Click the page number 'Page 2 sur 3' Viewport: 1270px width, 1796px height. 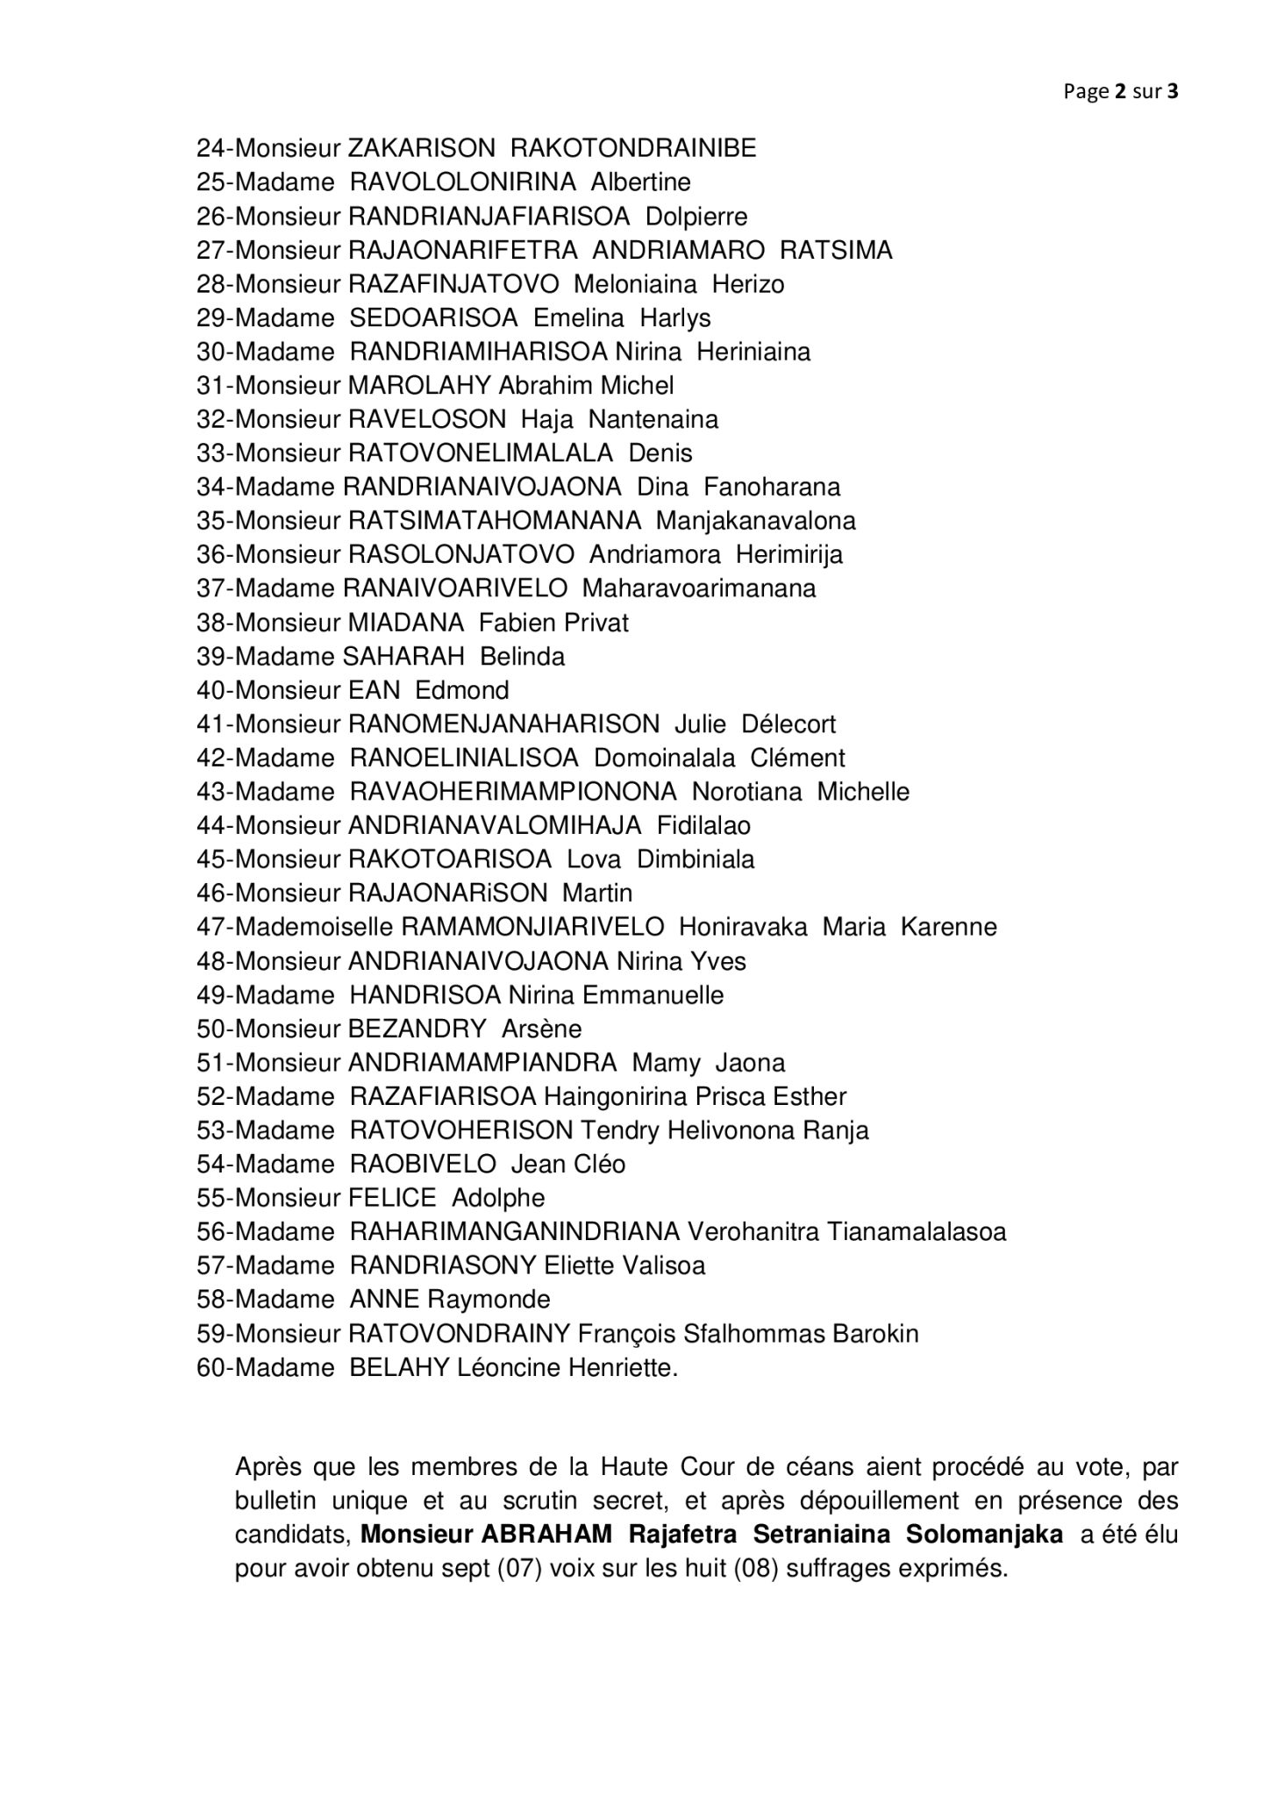coord(1120,91)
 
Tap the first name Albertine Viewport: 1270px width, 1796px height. coord(640,182)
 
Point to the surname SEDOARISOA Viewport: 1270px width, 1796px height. coord(433,317)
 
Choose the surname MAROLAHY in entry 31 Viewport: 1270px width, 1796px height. coord(419,385)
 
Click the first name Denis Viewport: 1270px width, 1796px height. coord(660,453)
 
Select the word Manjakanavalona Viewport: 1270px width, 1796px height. coord(755,521)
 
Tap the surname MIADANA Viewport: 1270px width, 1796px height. coord(405,623)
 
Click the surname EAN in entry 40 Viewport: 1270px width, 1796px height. coord(374,690)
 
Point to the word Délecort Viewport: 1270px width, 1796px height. coord(788,724)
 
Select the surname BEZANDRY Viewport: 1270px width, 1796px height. coord(417,1029)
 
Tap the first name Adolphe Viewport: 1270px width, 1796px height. coord(497,1198)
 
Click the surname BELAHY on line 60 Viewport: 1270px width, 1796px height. coord(399,1367)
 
